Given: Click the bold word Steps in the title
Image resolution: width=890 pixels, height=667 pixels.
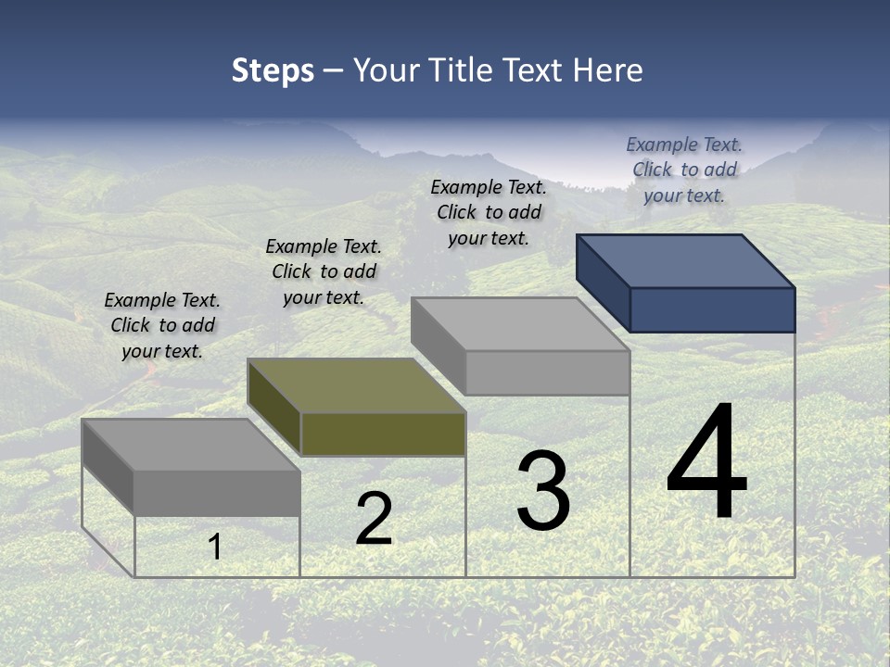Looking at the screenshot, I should pos(273,70).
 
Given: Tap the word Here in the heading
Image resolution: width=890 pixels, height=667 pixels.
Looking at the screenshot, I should pos(607,70).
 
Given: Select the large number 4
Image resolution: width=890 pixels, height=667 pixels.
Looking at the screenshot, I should pos(706,463).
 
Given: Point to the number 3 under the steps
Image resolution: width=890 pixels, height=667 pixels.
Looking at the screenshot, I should pos(543,491).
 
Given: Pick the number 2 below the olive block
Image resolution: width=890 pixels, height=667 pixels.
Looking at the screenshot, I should pos(374,519).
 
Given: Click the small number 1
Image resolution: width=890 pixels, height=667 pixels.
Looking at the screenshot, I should pos(215,547).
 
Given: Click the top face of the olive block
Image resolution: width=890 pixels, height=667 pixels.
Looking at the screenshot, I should pos(357,385).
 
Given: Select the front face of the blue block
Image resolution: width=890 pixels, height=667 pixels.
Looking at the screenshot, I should pos(712,309).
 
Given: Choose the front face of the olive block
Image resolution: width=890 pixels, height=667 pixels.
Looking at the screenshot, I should pos(383,434).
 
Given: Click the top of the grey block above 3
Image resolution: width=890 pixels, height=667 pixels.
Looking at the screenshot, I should pos(519,324).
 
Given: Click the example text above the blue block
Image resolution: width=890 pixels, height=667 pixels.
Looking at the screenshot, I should pos(684,170).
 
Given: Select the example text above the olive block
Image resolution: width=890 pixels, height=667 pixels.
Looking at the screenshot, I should pos(324,271).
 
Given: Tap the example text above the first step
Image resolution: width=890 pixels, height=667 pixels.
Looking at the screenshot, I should pos(162,325).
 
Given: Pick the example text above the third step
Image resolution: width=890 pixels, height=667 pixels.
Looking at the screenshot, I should pos(489,212).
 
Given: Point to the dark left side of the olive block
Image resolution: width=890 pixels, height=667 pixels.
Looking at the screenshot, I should pos(274,408).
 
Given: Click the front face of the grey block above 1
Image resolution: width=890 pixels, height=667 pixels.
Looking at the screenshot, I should pos(217,493).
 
